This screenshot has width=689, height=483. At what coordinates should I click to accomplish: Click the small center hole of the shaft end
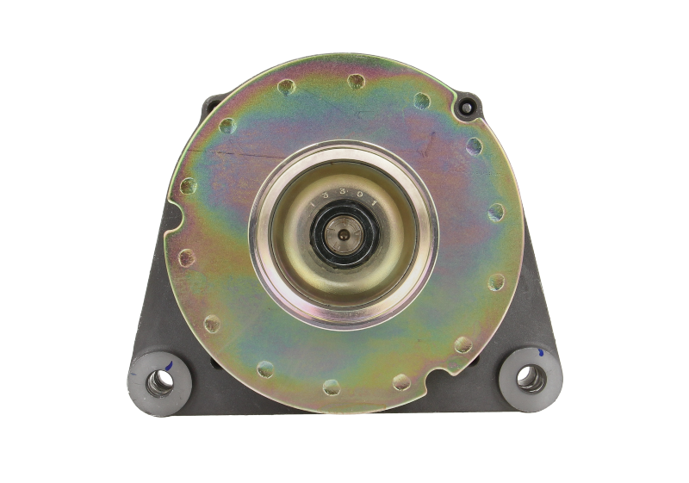[x=344, y=233]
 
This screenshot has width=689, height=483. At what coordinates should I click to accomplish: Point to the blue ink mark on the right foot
[x=540, y=352]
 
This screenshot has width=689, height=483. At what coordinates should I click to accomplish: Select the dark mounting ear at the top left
[x=209, y=107]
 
